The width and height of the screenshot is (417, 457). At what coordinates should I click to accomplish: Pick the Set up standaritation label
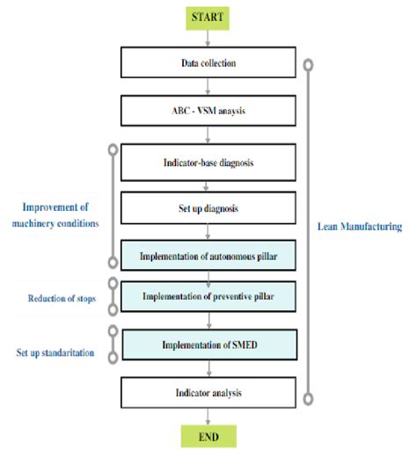pos(55,352)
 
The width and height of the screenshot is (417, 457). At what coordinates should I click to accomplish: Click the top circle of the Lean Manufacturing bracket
pos(307,64)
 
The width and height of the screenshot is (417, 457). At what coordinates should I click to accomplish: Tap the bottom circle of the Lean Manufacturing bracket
pos(307,400)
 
